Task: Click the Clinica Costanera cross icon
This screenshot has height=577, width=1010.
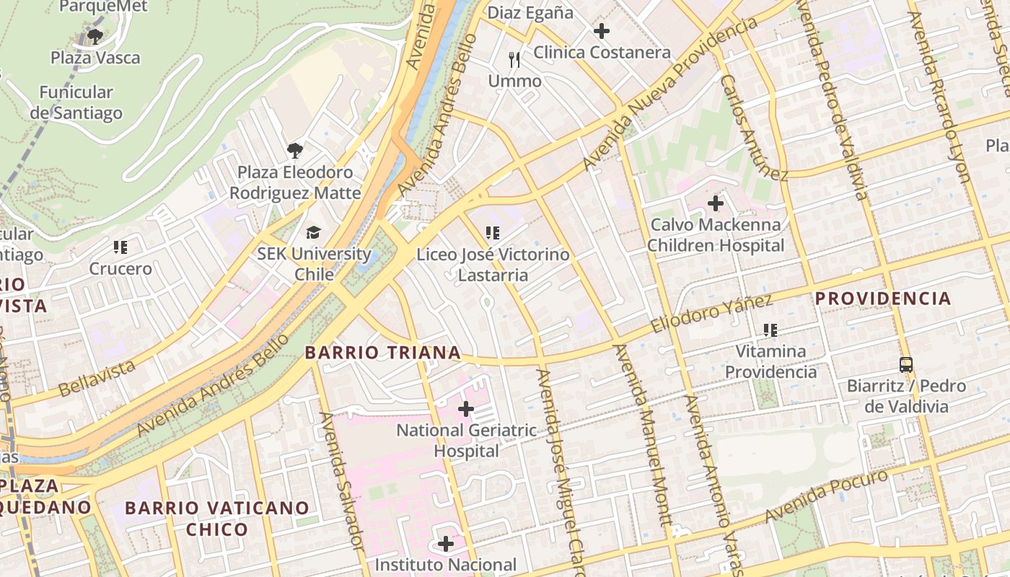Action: click(x=601, y=31)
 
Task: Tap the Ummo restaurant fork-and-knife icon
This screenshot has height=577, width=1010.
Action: click(x=514, y=59)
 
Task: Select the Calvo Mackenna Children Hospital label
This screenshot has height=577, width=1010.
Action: click(x=715, y=235)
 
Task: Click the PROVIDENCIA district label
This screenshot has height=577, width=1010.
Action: click(x=883, y=298)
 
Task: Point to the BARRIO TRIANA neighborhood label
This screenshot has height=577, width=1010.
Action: click(x=382, y=353)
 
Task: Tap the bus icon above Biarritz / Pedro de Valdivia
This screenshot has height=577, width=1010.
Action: click(x=906, y=365)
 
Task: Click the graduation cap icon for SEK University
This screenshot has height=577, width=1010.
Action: click(x=313, y=232)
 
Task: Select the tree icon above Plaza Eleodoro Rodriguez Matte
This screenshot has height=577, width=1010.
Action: click(x=294, y=151)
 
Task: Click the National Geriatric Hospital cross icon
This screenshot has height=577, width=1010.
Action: click(x=466, y=410)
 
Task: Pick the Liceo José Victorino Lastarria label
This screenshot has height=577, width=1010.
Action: click(x=493, y=265)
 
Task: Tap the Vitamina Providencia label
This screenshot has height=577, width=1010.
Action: click(x=770, y=361)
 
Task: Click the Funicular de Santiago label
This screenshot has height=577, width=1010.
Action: click(x=76, y=102)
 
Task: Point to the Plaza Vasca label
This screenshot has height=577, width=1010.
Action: click(x=95, y=58)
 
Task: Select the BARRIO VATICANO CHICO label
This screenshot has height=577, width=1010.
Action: click(x=217, y=518)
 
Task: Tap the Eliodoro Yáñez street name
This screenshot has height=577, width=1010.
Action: click(x=711, y=314)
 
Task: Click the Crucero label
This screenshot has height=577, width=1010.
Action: click(x=120, y=269)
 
